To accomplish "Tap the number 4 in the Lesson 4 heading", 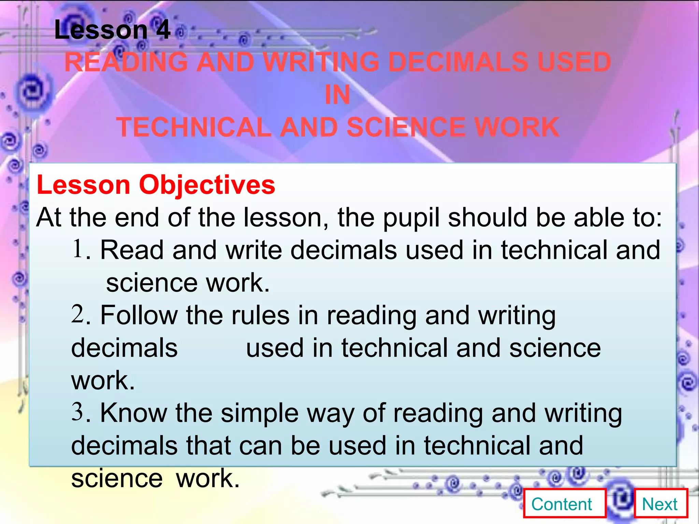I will (163, 30).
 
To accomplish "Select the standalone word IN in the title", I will (337, 94).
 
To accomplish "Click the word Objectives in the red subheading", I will (207, 185).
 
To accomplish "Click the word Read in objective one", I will (132, 250).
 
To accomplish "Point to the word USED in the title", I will (574, 62).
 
